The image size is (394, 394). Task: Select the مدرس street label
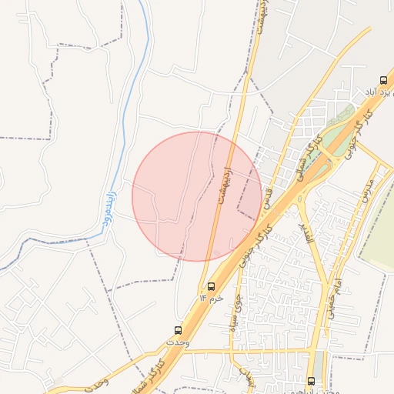(x=366, y=189)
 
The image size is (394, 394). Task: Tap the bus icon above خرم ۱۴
(x=212, y=286)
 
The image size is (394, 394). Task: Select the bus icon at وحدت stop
(x=179, y=329)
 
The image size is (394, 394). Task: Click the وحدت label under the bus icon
(x=176, y=339)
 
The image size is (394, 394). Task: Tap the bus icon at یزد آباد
(x=383, y=80)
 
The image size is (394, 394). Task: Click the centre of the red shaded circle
(x=198, y=196)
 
